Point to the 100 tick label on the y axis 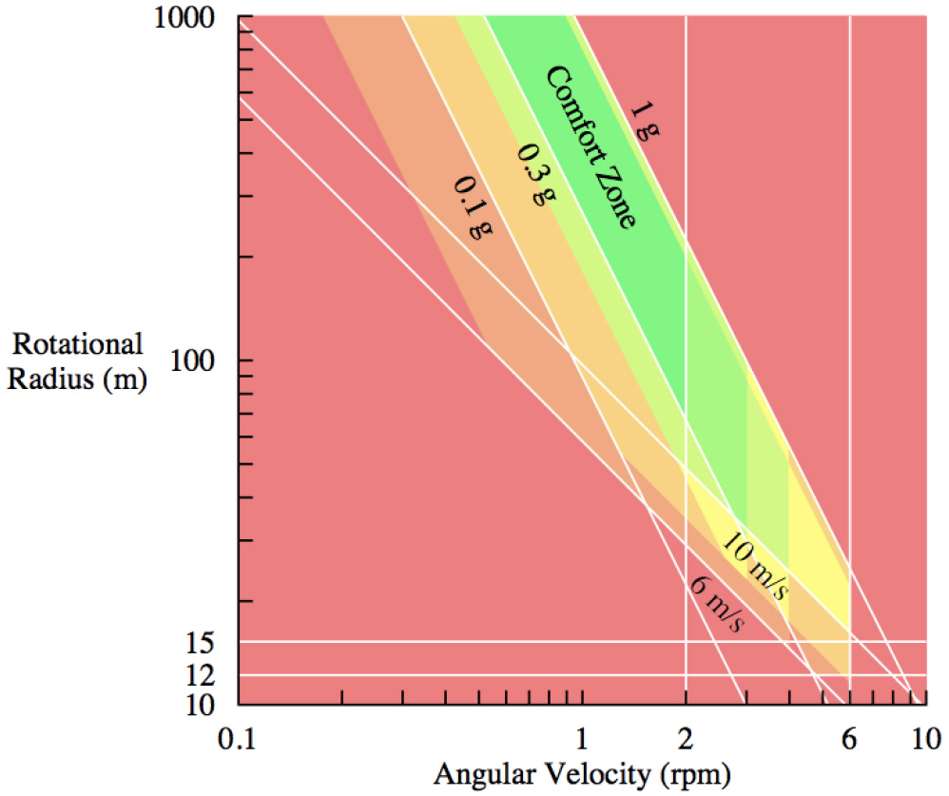[x=201, y=360]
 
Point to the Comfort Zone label [x=590, y=146]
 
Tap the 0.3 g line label [x=535, y=176]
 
